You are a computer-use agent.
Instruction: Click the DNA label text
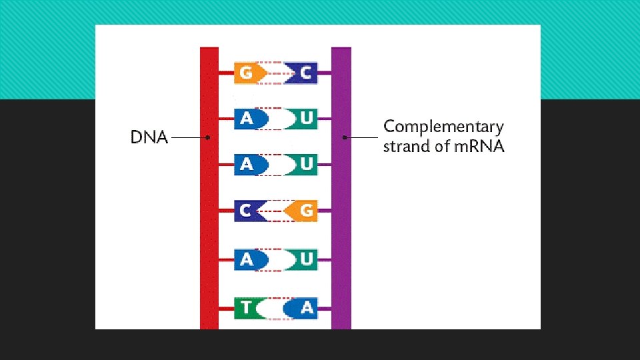pos(149,138)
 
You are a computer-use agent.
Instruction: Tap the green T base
pos(247,308)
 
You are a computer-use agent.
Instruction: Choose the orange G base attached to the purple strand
pos(303,211)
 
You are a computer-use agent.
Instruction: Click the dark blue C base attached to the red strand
pos(247,211)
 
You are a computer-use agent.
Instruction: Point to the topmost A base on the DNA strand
pos(249,119)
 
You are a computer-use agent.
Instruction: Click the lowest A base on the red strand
pos(249,259)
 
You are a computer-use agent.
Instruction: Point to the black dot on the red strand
pos(209,138)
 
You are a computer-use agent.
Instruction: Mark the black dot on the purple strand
pos(344,138)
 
